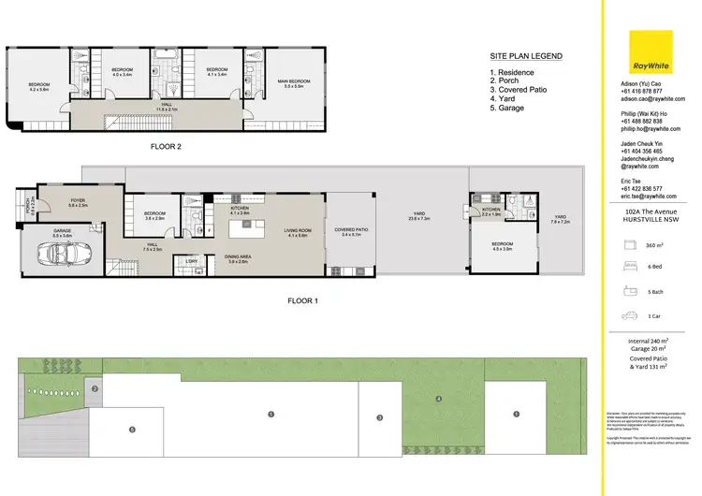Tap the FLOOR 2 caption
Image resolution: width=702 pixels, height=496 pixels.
[166, 147]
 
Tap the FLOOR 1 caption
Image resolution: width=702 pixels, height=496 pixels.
[302, 300]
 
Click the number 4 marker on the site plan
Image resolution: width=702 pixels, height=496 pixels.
[438, 401]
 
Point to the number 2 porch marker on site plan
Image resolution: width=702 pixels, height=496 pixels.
[95, 387]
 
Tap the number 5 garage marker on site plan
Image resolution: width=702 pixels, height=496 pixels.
[132, 429]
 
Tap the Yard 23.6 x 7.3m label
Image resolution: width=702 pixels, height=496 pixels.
[419, 219]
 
